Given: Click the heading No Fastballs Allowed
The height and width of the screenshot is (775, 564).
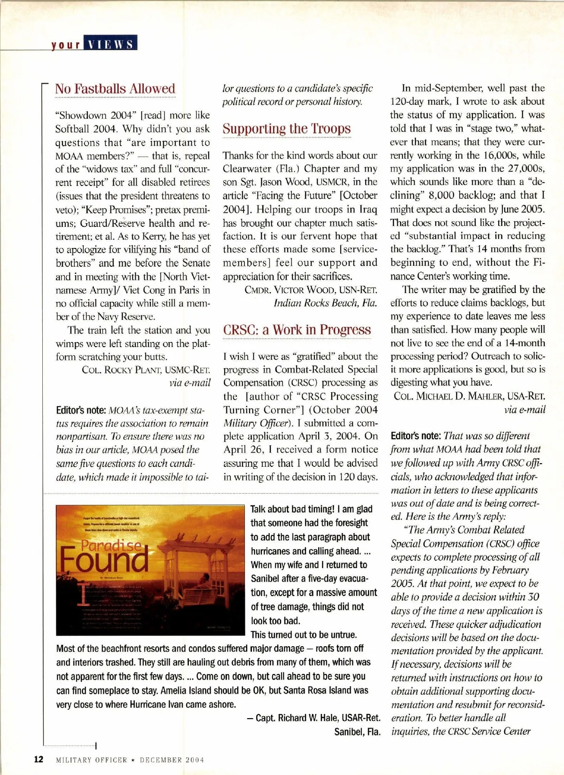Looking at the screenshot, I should coord(115,89).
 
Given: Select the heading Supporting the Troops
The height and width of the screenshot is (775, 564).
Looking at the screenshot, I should coord(287,129).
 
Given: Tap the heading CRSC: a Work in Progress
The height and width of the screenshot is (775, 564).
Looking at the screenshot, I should coord(297,330).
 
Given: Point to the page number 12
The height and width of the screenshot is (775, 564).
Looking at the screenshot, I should coord(39,759).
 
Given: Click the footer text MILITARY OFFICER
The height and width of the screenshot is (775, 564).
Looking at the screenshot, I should coord(92,760).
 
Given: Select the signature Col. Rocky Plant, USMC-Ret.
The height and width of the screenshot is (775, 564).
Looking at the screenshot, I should coord(146,370).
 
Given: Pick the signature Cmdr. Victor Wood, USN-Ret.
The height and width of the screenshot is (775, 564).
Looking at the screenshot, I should coord(311,290).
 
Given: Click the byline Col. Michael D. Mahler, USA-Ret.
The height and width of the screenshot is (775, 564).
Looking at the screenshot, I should coord(470,396).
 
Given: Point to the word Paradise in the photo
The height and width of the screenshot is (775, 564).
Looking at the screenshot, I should coord(111,545).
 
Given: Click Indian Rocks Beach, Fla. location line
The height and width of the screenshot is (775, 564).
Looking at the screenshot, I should coord(325,303).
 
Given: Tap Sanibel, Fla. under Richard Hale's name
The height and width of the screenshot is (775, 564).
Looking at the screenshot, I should coord(357,732).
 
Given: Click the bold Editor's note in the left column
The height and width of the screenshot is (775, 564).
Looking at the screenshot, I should coord(81,410).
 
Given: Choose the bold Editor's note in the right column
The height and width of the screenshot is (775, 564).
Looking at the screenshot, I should coord(415,436).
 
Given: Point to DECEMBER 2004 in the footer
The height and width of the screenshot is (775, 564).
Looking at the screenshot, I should coord(172,760).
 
